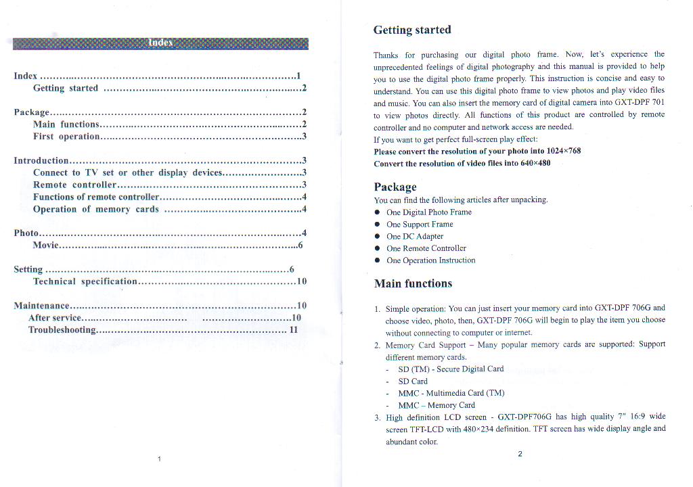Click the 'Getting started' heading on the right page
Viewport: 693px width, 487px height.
click(x=412, y=30)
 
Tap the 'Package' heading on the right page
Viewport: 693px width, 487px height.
click(x=395, y=187)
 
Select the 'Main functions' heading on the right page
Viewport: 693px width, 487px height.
click(x=413, y=283)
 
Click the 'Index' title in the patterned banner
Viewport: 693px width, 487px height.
click(x=160, y=43)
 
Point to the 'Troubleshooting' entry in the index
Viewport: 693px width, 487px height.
click(x=62, y=330)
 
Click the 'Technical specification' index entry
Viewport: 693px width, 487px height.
click(x=85, y=281)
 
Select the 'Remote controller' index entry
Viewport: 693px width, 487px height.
click(x=75, y=185)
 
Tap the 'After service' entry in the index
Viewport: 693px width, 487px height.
click(x=55, y=318)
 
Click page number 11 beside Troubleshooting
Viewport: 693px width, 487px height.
click(x=293, y=330)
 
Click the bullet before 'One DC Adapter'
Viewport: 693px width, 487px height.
click(x=377, y=237)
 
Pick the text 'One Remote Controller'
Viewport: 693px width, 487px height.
click(x=426, y=248)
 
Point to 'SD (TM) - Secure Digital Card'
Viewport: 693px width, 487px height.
click(x=451, y=369)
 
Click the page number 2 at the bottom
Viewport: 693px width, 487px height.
click(x=520, y=454)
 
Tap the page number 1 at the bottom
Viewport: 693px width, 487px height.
click(x=159, y=459)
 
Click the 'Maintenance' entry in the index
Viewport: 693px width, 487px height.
click(x=41, y=306)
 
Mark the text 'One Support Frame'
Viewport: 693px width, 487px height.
click(x=420, y=225)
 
